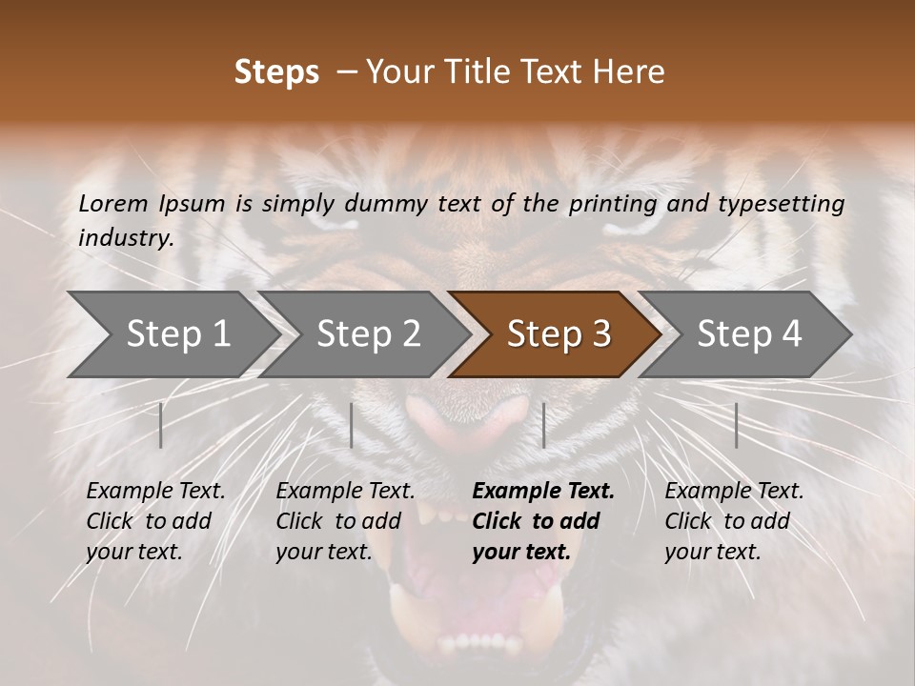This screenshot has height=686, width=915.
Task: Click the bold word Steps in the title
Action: (x=276, y=71)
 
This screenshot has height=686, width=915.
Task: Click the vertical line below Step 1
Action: (x=161, y=425)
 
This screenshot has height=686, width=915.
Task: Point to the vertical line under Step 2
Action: (x=352, y=425)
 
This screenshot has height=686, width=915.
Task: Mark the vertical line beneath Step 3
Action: (x=543, y=425)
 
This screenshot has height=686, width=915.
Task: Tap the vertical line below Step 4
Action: (x=736, y=425)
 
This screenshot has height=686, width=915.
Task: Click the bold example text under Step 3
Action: (x=541, y=521)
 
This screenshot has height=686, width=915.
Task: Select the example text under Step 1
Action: (x=154, y=521)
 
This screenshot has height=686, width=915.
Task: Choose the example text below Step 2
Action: (x=344, y=521)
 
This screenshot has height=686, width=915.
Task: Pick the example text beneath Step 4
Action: (x=733, y=521)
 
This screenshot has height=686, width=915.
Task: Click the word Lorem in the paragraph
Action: (x=113, y=203)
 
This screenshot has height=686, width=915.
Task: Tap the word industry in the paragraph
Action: (x=125, y=238)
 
